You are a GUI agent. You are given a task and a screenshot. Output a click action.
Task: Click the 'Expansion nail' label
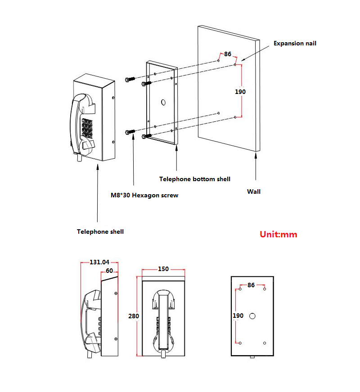point(295,44)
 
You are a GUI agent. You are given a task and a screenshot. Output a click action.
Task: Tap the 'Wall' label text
point(254,192)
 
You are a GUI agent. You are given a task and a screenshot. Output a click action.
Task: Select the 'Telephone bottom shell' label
point(195,179)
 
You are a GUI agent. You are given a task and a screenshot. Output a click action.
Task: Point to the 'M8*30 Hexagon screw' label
point(144,196)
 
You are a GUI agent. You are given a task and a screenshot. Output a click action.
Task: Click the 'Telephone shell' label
point(100,232)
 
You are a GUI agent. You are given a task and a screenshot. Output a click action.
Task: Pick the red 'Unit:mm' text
point(279,234)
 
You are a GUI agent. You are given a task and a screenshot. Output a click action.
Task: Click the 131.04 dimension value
point(99,263)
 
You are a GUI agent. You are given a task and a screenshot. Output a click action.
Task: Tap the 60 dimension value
point(109,271)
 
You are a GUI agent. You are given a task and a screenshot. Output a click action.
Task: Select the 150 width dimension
point(163,269)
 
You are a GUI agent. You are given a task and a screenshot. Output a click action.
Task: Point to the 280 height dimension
point(134,316)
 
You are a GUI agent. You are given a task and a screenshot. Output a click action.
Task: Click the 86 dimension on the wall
point(228,54)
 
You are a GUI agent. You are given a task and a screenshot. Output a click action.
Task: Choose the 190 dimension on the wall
point(240,91)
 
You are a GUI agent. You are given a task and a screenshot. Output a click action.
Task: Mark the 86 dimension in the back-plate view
point(251,285)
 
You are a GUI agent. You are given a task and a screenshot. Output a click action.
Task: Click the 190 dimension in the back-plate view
point(238,316)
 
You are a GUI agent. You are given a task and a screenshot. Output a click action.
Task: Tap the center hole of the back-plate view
point(252,316)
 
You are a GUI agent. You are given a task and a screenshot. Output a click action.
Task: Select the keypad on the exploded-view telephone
point(87,128)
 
